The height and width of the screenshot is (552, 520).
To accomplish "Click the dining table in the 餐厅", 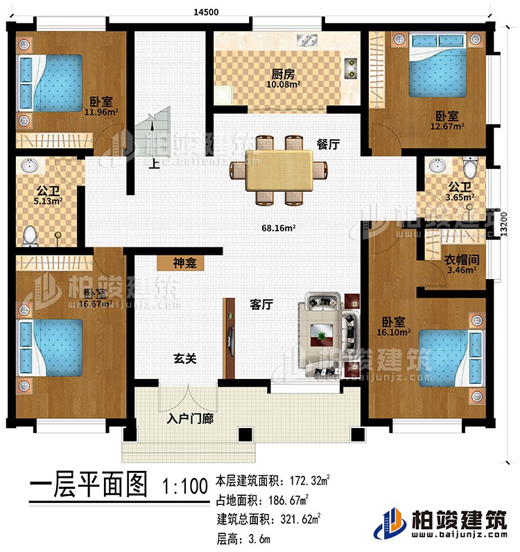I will click(277, 170).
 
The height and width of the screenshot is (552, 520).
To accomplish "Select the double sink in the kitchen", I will click(306, 39).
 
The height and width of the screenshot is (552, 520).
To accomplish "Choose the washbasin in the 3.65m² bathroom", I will click(438, 167).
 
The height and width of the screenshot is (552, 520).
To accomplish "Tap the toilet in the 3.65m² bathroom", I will click(469, 168).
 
